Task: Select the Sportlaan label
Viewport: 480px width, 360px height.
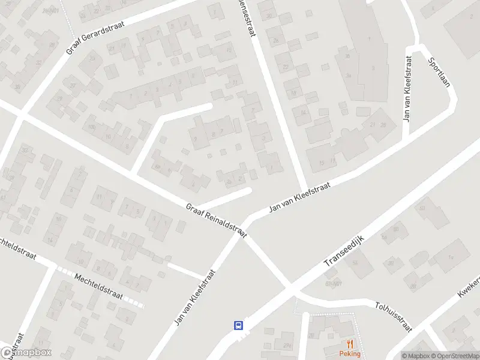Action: point(439,73)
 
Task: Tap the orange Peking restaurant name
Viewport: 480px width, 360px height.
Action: point(350,353)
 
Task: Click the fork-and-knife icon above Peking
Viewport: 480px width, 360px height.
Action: point(350,344)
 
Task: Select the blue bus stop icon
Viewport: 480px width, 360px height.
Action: point(238,325)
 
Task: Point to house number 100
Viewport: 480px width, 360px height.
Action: point(92,127)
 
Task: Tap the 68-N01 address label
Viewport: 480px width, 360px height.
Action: point(333,283)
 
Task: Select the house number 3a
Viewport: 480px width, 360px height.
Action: point(347,75)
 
